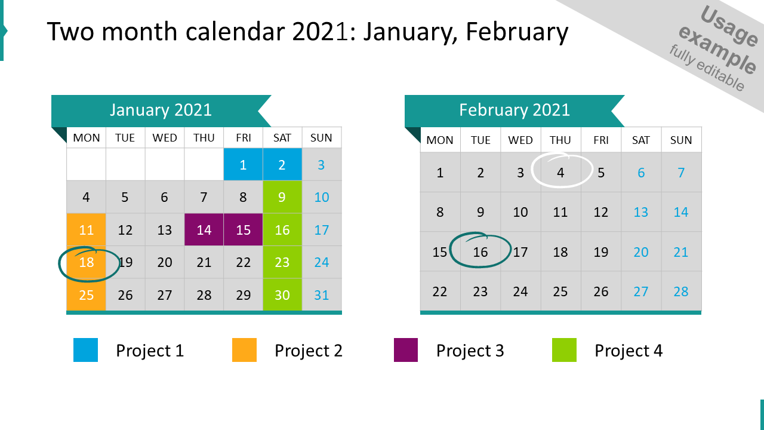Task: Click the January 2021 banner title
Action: (x=161, y=110)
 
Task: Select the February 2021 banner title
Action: (x=515, y=110)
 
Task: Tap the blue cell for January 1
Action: (x=243, y=165)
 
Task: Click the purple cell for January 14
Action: (x=204, y=230)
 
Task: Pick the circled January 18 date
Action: (x=87, y=262)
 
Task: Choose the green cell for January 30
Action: (x=282, y=295)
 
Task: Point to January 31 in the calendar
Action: (x=322, y=295)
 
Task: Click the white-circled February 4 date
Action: (x=560, y=173)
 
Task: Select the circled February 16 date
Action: (x=480, y=252)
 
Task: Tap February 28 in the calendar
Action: (x=681, y=291)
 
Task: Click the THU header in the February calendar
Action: (x=560, y=140)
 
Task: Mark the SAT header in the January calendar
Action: (x=282, y=138)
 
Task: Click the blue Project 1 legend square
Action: (x=85, y=350)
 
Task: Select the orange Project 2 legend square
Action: (x=244, y=350)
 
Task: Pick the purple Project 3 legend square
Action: (x=406, y=350)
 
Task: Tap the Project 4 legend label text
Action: (x=628, y=351)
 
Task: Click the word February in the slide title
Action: (x=517, y=32)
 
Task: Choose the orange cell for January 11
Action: (x=87, y=230)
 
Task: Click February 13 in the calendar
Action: (x=641, y=212)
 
